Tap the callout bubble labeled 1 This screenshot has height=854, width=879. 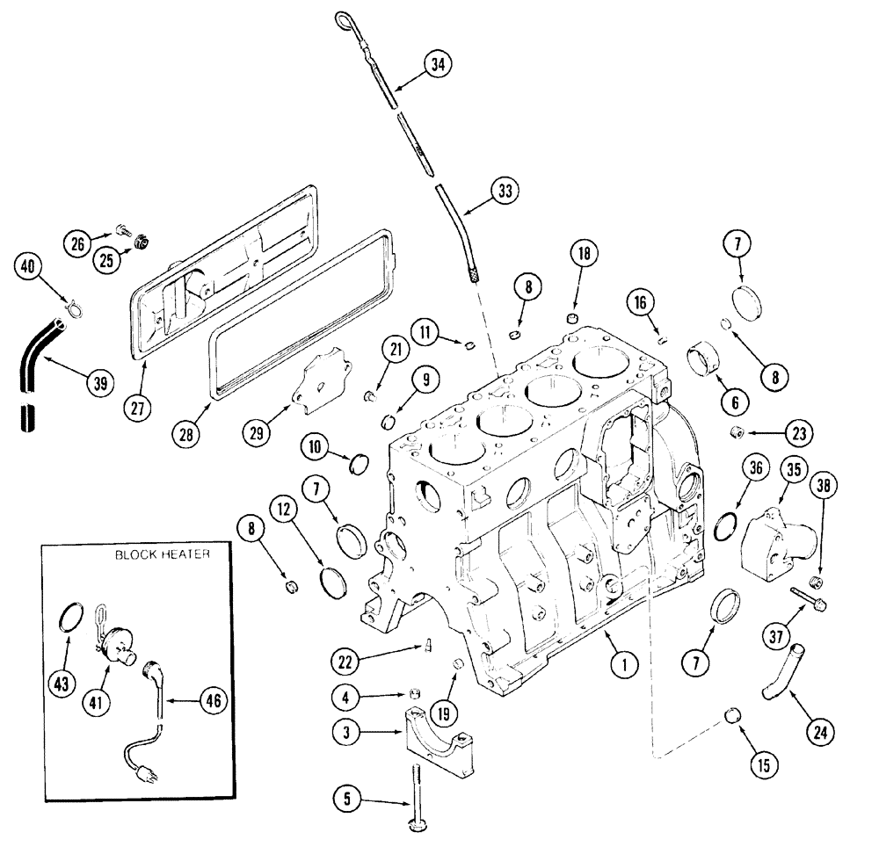tap(623, 665)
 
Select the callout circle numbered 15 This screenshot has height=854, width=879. tap(762, 764)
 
